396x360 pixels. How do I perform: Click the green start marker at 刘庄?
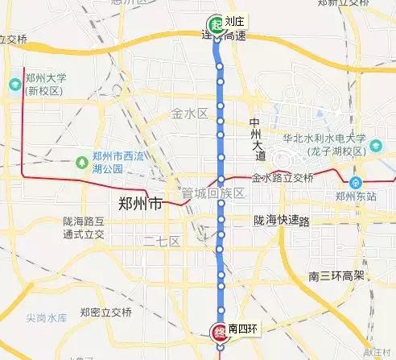pyautogui.click(x=215, y=23)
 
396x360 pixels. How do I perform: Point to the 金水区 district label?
pyautogui.click(x=190, y=114)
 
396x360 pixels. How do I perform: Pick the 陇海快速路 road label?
pyautogui.click(x=281, y=220)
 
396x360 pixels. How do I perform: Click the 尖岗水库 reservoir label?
pyautogui.click(x=34, y=317)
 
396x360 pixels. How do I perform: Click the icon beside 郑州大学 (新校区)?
pyautogui.click(x=15, y=84)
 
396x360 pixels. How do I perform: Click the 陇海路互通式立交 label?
pyautogui.click(x=84, y=227)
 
